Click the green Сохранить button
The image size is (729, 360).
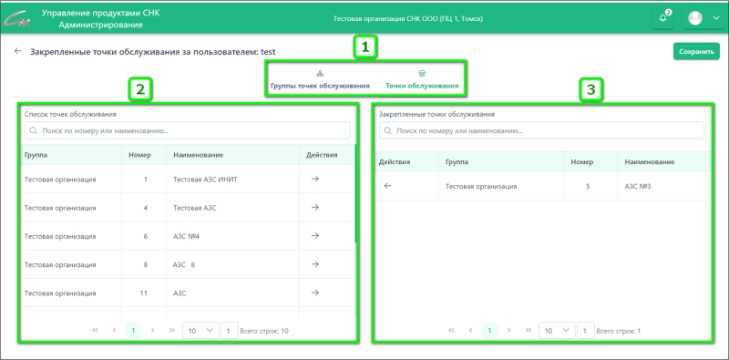[696, 52]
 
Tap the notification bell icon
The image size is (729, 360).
[663, 18]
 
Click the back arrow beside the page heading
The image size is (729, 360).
[18, 51]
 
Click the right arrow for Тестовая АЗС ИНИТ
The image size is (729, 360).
[314, 179]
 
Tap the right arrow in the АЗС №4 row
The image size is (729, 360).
[314, 236]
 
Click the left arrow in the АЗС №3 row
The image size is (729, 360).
[388, 186]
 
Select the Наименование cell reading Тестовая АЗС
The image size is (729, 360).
[194, 208]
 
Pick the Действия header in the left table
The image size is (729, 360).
[322, 154]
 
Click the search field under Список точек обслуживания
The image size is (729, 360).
[188, 131]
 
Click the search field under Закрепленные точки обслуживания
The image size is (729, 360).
[541, 131]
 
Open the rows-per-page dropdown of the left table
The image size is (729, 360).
[200, 330]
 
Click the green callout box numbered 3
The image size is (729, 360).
[590, 90]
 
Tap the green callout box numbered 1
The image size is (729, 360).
[365, 47]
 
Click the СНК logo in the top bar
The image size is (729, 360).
[18, 18]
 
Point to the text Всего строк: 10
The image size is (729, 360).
[264, 331]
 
